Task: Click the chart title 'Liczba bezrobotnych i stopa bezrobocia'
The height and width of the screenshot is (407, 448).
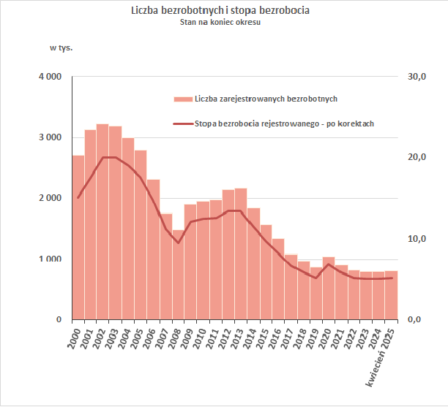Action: (x=220, y=11)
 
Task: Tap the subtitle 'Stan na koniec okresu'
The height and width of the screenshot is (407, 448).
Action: (x=220, y=22)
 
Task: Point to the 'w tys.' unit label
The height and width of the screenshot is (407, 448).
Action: (x=61, y=48)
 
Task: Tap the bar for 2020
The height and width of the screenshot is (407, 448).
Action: (x=329, y=289)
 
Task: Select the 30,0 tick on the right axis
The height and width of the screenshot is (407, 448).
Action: (x=416, y=77)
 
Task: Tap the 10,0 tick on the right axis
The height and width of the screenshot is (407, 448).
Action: (x=416, y=239)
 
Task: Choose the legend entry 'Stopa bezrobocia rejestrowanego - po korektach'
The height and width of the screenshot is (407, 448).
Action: (x=285, y=123)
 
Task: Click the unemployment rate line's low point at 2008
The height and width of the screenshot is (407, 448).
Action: (x=178, y=243)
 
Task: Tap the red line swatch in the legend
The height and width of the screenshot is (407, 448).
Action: (x=182, y=124)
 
